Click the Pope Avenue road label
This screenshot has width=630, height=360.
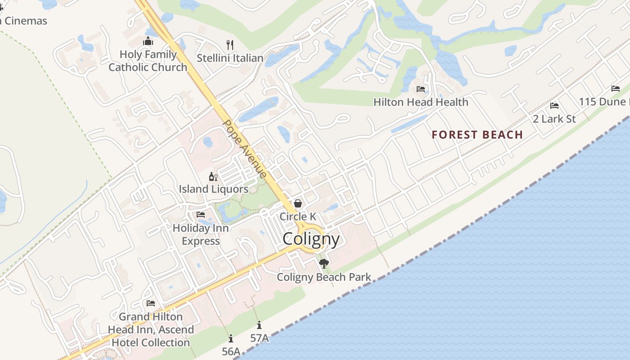coord(245,148)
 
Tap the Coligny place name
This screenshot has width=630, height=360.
coord(311,239)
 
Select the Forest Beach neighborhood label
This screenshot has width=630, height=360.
coord(477,135)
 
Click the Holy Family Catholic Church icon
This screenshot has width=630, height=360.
coord(148,41)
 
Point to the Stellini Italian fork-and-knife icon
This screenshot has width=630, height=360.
coord(230,45)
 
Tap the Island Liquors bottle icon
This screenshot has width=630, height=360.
coord(213,176)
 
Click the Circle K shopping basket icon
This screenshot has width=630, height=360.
coord(297,203)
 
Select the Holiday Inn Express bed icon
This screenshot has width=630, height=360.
coord(201,215)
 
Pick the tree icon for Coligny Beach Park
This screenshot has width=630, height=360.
coord(324,264)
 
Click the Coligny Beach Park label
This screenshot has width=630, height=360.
coord(324,277)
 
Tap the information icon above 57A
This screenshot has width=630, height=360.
coord(259,325)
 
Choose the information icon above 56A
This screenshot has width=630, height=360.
coord(231,338)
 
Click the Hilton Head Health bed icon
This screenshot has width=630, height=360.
coord(421,89)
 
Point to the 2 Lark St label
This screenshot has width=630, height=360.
coord(554,119)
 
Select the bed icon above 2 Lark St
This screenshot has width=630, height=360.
coord(554,106)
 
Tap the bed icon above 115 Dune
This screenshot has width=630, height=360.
coord(615,89)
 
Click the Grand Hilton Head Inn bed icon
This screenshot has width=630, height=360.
coord(151,303)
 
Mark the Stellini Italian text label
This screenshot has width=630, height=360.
coord(230,58)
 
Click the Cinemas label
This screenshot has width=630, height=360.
coord(25,21)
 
